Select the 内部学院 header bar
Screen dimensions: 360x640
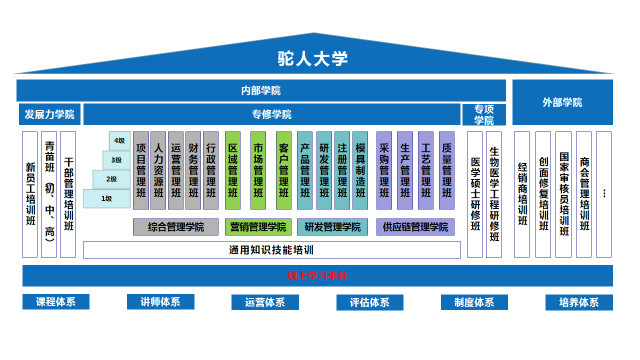click(x=260, y=90)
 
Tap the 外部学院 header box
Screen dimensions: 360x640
click(x=562, y=102)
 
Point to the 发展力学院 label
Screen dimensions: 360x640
click(x=48, y=115)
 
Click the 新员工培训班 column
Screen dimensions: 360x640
click(x=30, y=194)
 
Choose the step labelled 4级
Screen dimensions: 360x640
click(x=120, y=141)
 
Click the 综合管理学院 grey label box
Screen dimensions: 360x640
click(x=176, y=227)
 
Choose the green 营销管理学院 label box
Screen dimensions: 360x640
click(x=258, y=227)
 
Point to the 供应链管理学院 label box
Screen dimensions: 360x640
click(x=415, y=227)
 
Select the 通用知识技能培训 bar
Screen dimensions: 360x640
click(x=270, y=249)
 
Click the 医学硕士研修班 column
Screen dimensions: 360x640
click(x=475, y=190)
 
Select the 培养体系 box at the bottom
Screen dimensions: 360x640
click(x=579, y=302)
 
